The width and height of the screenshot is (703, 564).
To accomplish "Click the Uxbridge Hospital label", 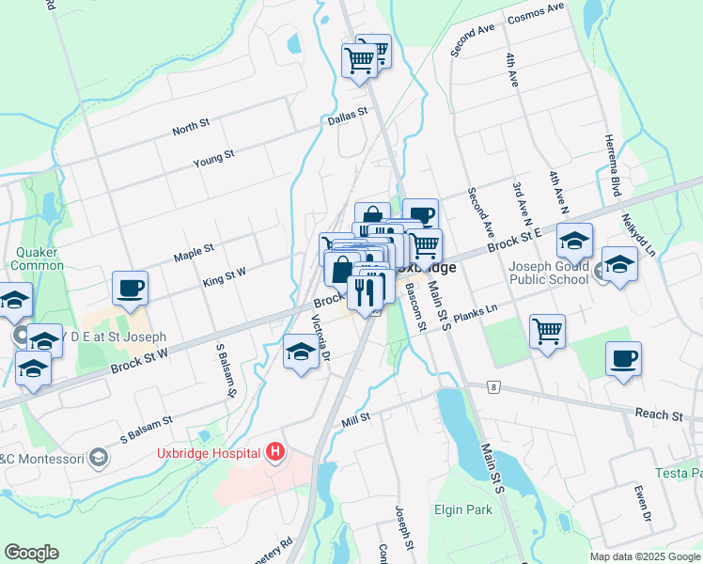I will [208, 454].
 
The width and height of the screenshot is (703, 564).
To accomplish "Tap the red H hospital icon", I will [274, 453].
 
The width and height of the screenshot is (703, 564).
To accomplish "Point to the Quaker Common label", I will [39, 258].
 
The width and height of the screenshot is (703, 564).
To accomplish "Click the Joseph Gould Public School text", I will [549, 273].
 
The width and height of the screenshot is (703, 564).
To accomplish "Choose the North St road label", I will [191, 128].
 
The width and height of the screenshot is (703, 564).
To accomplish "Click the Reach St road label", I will [659, 415].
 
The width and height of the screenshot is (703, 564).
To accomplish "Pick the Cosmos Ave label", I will [535, 13].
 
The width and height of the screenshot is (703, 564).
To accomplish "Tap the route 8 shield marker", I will [492, 386].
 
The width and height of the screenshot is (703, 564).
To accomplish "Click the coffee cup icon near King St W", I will [130, 288].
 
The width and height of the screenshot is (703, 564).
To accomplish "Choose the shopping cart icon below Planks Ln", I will [547, 331].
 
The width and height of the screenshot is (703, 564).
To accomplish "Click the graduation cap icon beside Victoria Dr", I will [301, 353].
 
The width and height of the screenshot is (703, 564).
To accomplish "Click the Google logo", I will [31, 553].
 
